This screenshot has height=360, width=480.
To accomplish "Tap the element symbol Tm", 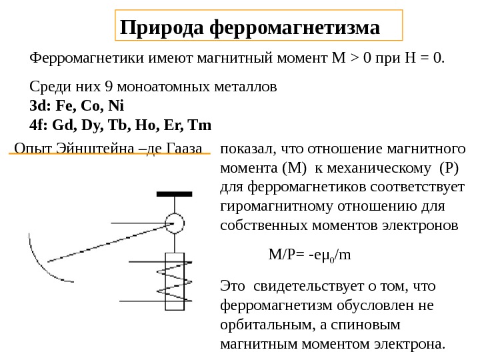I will [x=199, y=125].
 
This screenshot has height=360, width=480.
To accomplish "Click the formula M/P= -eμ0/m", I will [x=309, y=255].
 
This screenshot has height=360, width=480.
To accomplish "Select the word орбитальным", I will [x=260, y=325].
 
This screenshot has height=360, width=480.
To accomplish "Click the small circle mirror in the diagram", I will [x=175, y=223].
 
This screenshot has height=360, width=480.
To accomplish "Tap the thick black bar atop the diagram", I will [x=175, y=195].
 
